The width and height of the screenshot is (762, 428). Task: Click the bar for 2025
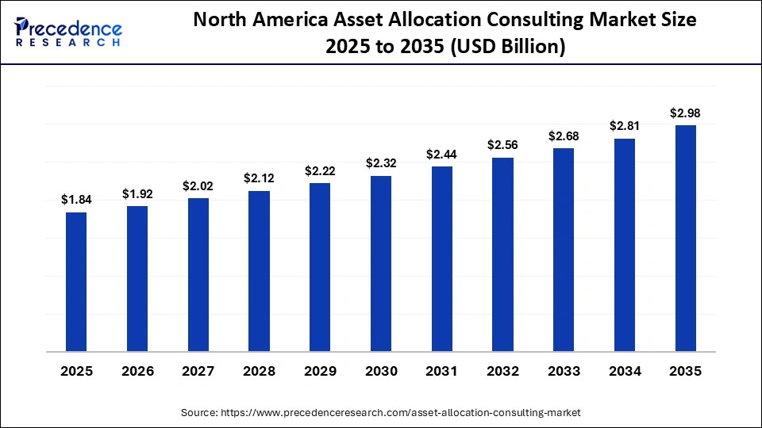click(76, 281)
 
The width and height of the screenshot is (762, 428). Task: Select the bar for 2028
click(259, 271)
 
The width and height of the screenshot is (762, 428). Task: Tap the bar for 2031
click(441, 258)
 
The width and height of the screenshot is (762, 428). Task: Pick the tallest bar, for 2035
click(685, 238)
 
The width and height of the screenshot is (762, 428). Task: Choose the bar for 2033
click(564, 250)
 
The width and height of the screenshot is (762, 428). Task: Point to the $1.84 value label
click(76, 201)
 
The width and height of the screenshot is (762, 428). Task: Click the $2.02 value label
click(198, 186)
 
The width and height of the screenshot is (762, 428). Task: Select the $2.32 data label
click(381, 163)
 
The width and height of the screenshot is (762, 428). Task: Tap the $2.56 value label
click(502, 145)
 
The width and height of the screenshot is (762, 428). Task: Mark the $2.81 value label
click(625, 126)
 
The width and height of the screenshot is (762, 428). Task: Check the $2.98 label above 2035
click(685, 113)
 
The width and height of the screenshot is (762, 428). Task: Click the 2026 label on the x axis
click(137, 372)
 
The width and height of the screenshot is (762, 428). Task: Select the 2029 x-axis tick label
click(320, 372)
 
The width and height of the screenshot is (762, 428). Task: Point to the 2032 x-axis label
click(502, 372)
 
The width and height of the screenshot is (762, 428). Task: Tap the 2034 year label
click(625, 372)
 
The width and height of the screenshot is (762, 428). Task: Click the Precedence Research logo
click(67, 32)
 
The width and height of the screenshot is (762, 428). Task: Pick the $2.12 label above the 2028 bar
click(259, 179)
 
